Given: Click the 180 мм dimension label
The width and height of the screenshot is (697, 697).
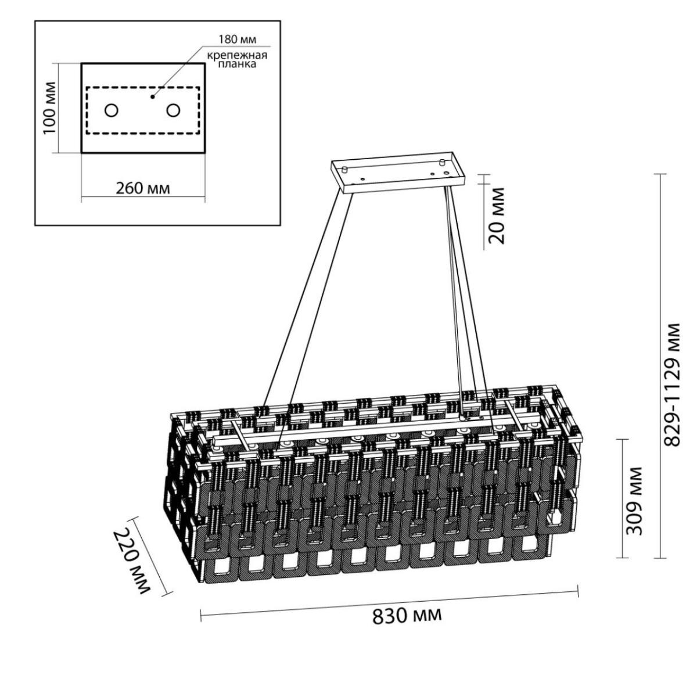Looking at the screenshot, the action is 238,39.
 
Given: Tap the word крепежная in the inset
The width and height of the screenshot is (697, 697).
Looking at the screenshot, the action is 237,55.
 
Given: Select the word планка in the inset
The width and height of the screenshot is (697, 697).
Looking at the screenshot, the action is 237,64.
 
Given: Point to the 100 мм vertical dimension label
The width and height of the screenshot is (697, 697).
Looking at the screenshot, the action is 49,108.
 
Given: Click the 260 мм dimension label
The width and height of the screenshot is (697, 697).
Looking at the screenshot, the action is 142,188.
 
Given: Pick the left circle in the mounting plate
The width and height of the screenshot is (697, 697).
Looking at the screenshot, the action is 112,110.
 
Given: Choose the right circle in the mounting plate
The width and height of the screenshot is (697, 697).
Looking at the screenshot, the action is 173,110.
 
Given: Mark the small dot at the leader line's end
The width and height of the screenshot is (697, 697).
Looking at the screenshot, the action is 153,96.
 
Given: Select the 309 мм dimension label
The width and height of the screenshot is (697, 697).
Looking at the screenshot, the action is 634,501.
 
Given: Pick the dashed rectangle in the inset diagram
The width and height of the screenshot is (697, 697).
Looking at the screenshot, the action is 142,110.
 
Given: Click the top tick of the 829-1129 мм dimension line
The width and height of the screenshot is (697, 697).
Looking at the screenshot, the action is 661,174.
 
